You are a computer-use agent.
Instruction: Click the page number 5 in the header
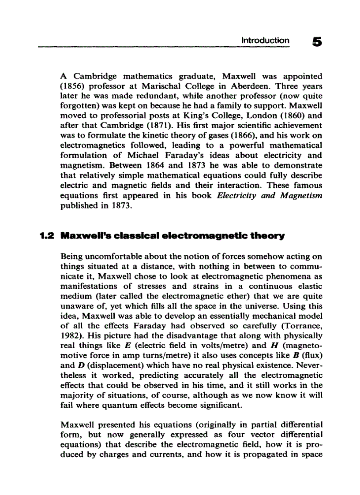[317, 42]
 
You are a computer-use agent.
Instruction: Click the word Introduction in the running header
[265, 41]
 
